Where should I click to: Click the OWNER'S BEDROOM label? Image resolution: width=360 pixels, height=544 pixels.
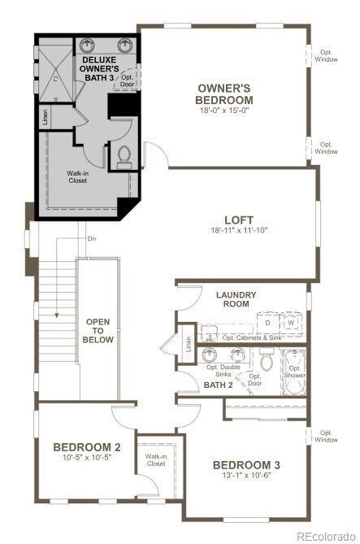pos(223,94)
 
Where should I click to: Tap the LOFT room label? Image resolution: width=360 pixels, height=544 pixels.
pos(240,220)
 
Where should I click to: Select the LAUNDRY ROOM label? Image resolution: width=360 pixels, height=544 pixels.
pos(236,298)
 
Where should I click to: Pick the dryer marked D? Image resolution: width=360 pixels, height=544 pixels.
pos(267,323)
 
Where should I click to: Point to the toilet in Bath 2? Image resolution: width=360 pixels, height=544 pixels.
pos(267,359)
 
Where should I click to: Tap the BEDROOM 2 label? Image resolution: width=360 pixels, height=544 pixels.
pos(87,446)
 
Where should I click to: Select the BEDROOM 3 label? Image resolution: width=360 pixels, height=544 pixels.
pos(246,464)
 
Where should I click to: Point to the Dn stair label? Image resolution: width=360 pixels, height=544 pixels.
pos(92,239)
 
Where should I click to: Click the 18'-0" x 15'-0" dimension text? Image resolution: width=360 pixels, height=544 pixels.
pos(223,110)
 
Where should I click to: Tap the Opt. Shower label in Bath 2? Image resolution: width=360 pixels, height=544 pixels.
pos(294,371)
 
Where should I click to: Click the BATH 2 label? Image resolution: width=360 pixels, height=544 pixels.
pos(219,385)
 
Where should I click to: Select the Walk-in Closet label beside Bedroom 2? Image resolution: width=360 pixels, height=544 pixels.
pos(156,460)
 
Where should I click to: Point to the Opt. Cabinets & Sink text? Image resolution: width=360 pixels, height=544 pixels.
pos(252,337)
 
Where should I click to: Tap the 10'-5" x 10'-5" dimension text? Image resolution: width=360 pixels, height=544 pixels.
pos(87,458)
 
